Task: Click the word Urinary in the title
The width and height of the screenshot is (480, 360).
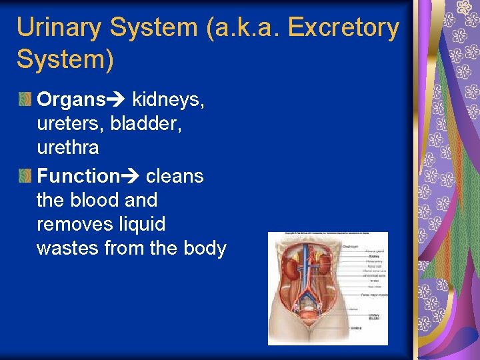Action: tap(59, 28)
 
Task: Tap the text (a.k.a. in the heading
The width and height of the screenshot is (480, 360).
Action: tap(237, 28)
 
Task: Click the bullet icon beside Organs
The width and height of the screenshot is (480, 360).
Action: tap(25, 100)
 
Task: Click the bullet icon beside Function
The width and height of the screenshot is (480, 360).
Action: tap(25, 177)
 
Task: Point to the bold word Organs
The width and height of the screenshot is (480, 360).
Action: tap(71, 100)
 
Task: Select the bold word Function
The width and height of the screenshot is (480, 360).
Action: tap(77, 176)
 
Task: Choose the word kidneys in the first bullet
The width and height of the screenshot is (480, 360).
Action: tap(169, 101)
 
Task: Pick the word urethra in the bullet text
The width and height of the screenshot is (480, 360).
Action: tap(67, 148)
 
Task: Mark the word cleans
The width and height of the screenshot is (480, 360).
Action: tap(175, 176)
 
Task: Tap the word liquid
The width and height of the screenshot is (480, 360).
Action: tap(140, 224)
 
